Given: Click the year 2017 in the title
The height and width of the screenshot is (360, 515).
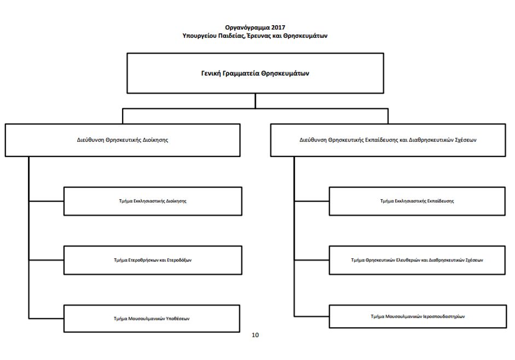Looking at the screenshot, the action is (x=278, y=27).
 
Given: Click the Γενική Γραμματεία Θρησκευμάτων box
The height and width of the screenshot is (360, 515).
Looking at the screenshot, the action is (x=255, y=73).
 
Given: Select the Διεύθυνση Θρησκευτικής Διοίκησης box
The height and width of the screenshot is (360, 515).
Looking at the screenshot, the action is (x=123, y=140).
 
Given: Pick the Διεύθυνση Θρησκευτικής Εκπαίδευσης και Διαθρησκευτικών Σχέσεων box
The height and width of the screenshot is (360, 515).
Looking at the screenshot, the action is (x=388, y=140).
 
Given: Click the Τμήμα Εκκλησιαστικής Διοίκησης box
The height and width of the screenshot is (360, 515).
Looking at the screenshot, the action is (x=153, y=201).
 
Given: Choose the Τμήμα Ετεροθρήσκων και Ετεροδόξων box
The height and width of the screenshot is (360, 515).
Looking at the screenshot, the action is (x=153, y=260).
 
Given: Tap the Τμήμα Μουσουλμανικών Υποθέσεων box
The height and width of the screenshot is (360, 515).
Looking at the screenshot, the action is (x=152, y=318).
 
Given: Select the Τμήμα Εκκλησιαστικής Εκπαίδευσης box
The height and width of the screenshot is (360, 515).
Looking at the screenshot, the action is (x=417, y=201).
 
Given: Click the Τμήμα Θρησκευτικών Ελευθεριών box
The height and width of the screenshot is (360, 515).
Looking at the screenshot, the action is (x=417, y=260).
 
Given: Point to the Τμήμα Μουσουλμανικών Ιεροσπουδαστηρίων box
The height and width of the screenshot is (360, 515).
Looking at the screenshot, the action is (x=418, y=317).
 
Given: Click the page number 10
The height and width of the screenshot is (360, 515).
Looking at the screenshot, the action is (x=255, y=335).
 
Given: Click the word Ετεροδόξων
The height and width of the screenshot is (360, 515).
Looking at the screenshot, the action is (x=180, y=260).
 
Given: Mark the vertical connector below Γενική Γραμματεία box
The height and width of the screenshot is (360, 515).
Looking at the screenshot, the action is (x=255, y=101).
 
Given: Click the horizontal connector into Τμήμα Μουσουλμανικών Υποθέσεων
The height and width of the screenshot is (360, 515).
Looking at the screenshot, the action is (x=46, y=318).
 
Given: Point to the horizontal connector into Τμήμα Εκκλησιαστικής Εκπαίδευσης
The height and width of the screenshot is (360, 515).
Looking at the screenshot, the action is (x=311, y=201).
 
